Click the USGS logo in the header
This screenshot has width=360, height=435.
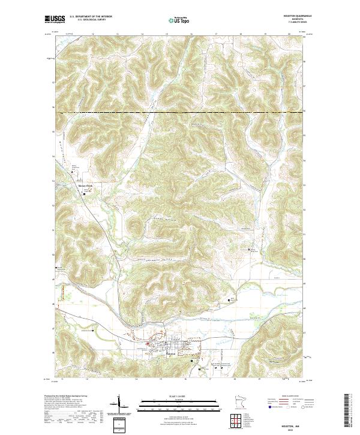(x=55, y=19)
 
